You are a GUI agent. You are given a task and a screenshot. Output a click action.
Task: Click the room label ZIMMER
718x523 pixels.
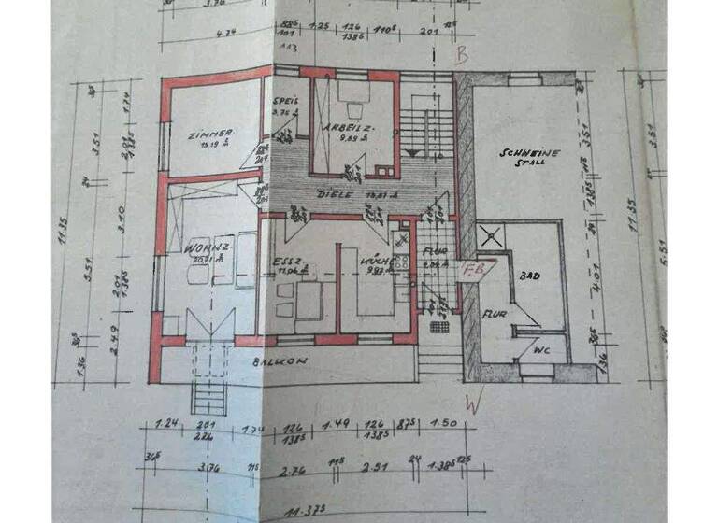pyautogui.click(x=208, y=134)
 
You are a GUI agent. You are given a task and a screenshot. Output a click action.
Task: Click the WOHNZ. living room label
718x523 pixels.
pyautogui.click(x=207, y=249)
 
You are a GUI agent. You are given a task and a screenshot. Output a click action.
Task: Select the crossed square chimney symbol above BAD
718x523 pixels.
pyautogui.click(x=488, y=235)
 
